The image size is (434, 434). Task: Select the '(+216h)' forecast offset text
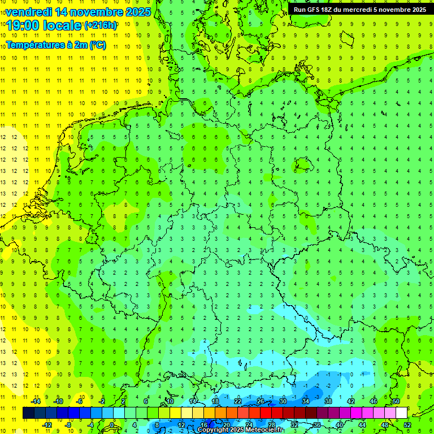(101, 25)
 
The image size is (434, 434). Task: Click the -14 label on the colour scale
(35, 401)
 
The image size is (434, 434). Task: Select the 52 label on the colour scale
(407, 424)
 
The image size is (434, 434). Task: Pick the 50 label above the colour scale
(396, 401)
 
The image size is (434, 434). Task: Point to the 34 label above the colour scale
(305, 401)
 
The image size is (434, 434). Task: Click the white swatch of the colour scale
(401, 413)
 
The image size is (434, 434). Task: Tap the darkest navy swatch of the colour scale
(28, 413)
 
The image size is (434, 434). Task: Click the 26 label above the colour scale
(260, 401)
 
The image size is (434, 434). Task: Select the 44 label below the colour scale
(362, 424)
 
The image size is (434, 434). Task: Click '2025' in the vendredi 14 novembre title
(138, 11)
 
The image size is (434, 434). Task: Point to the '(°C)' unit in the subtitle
(98, 45)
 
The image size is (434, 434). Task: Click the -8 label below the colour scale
(68, 424)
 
